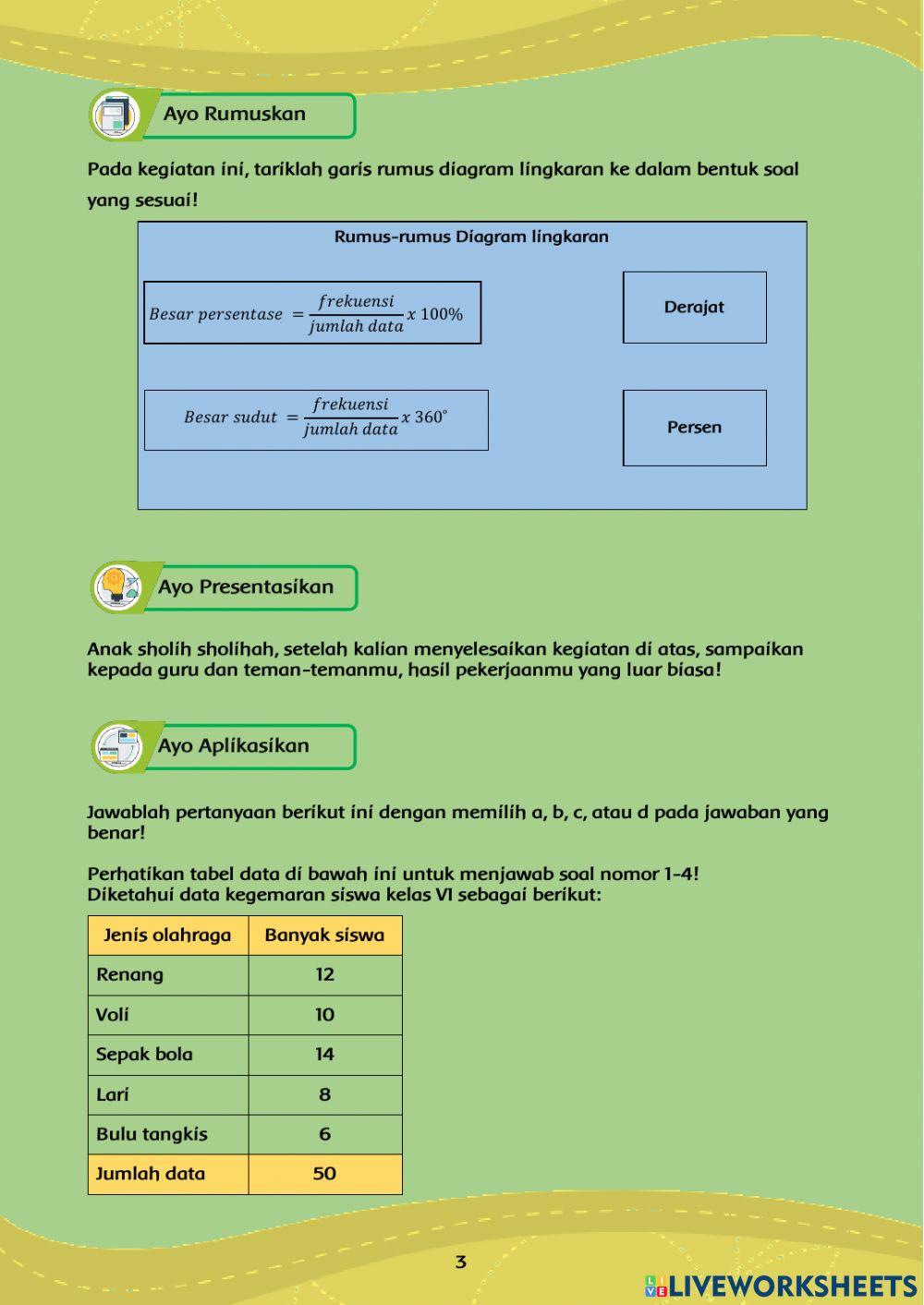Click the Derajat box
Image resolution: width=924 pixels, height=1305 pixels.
pos(694,308)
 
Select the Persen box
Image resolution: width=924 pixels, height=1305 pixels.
pos(694,428)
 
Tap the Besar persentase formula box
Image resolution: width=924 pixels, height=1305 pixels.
pos(312,313)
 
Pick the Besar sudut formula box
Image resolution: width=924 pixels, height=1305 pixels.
pos(316,420)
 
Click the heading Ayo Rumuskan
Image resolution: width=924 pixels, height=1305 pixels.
pos(235,115)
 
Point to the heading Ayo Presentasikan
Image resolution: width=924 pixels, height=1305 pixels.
pos(246,587)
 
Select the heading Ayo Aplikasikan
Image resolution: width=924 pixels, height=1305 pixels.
pos(234,746)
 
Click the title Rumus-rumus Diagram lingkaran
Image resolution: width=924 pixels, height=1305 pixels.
pos(471,236)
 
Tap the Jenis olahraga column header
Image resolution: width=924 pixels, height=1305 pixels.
pos(167,935)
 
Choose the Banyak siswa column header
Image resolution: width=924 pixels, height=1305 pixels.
pos(324,935)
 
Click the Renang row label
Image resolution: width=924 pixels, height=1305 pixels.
pos(130,974)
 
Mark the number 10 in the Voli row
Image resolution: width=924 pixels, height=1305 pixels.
pos(324,1014)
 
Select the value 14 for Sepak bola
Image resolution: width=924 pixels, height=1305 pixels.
pos(324,1054)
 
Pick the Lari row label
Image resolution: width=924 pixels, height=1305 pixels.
pos(113,1094)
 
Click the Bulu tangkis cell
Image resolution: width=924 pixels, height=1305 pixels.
pos(152,1134)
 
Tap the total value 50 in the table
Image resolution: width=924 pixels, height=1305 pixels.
pos(324,1174)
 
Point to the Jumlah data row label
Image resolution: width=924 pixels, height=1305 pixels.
pos(151,1174)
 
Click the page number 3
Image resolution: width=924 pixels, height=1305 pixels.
pos(461,1262)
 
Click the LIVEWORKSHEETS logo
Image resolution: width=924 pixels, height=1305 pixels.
pos(781,1286)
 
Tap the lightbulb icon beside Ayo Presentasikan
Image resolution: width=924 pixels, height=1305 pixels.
pos(115,586)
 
